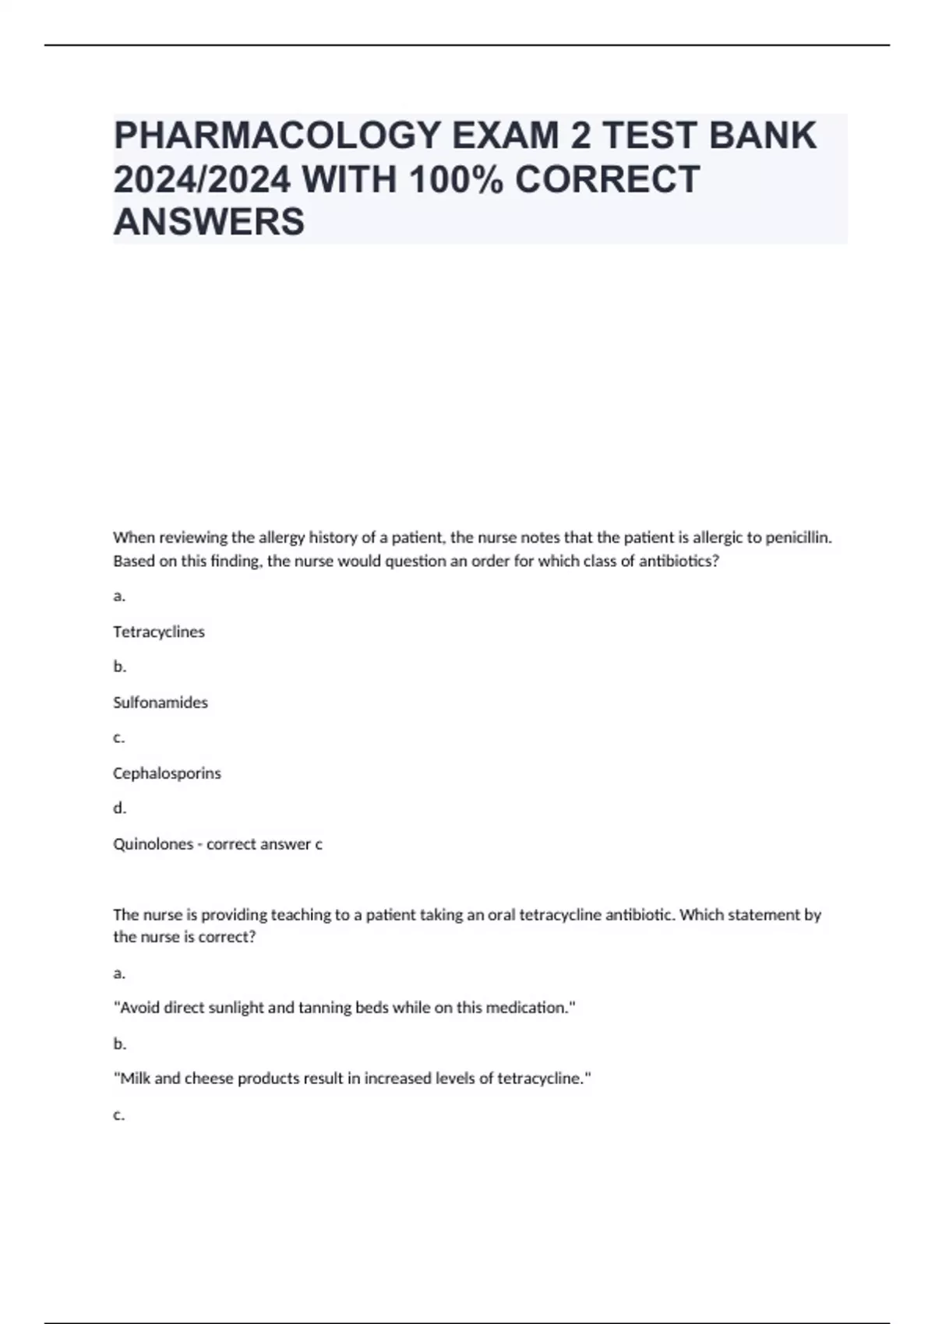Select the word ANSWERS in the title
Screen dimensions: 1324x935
point(209,222)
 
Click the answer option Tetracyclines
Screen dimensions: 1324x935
point(159,632)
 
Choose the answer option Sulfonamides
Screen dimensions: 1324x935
point(161,702)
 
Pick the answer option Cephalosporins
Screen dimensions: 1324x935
point(167,773)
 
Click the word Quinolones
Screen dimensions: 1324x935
point(153,844)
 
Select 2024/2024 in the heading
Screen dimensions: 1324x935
point(203,179)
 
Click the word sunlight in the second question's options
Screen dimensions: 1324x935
point(235,1008)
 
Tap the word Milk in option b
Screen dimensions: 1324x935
point(135,1079)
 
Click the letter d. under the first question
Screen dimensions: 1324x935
point(119,808)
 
